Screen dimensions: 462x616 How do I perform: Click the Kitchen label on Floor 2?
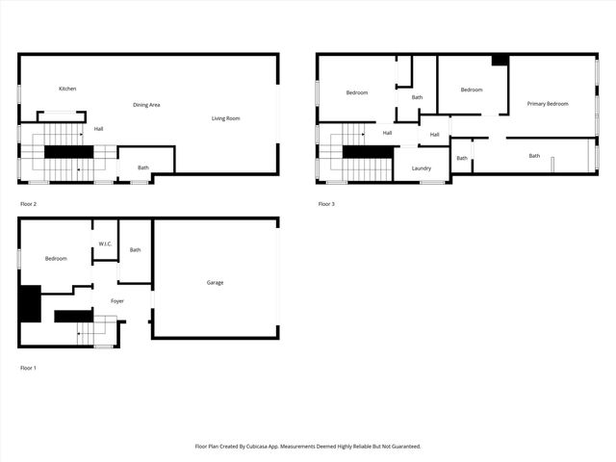tap(67, 89)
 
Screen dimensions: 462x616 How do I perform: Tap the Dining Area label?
tap(146, 104)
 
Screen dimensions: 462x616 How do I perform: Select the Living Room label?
tap(226, 118)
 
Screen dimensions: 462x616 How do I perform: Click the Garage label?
tap(215, 282)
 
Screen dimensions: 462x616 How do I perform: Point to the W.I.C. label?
tap(105, 244)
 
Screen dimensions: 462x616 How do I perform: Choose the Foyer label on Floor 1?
tap(116, 301)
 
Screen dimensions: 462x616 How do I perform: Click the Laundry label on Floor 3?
tap(422, 168)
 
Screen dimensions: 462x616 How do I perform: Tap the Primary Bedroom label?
tap(547, 104)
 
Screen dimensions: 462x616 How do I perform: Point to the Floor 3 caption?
tap(327, 204)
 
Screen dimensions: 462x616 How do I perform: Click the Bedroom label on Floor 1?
tap(56, 258)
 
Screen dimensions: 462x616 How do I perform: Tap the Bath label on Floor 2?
tap(143, 167)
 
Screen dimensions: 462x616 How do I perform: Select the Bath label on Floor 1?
tap(135, 250)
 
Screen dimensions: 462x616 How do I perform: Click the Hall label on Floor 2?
tap(98, 128)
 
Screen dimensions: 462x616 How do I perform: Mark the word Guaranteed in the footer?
tap(403, 447)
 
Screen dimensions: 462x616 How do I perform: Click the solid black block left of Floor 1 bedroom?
tap(30, 304)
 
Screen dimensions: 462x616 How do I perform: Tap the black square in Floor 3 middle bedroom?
tap(500, 60)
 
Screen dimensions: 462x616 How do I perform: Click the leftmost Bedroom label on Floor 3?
tap(357, 92)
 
